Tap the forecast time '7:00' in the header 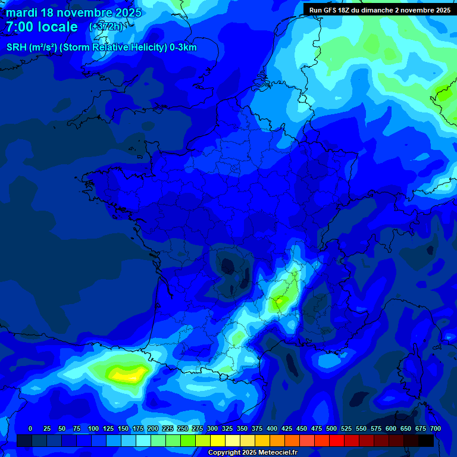click(x=21, y=27)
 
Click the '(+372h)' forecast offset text click(x=106, y=27)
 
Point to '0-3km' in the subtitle click(x=183, y=48)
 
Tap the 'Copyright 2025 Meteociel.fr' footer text click(x=252, y=453)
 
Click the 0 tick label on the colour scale click(x=30, y=428)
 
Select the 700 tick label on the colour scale click(x=435, y=428)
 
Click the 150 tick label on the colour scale click(x=123, y=428)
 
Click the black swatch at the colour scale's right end click(x=426, y=440)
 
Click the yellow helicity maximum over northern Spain click(x=127, y=374)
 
